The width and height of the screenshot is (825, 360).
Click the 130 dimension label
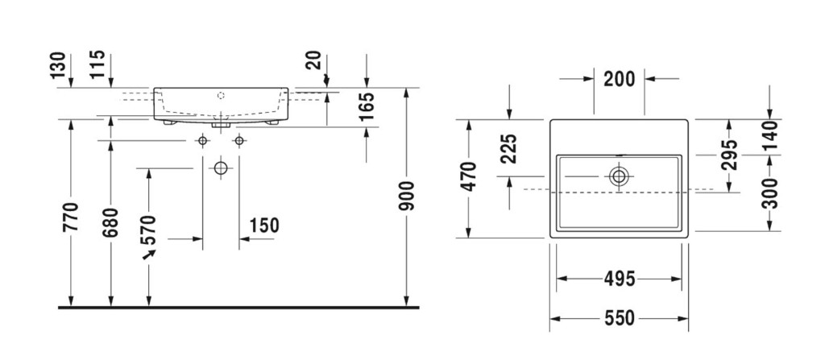pos(56,65)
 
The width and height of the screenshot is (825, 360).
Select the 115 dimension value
pos(97,65)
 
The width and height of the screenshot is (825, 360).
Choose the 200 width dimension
pos(619,78)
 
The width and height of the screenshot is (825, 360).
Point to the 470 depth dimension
pos(468,177)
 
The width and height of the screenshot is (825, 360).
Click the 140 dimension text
pos(771,135)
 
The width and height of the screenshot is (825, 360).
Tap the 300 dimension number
pos(771,194)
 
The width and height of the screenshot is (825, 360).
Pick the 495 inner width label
pos(619,279)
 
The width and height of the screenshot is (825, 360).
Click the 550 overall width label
pos(619,318)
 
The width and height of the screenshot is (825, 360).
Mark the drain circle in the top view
pos(619,176)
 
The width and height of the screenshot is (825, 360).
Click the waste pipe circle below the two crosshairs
pos(220,168)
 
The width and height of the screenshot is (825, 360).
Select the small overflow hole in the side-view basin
pos(219,94)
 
